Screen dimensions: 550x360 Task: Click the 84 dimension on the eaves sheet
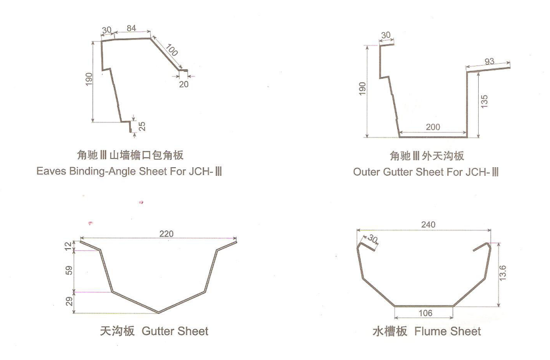pyautogui.click(x=131, y=28)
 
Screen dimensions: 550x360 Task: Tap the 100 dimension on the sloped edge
pyautogui.click(x=172, y=50)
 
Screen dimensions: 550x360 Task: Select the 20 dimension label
pyautogui.click(x=184, y=84)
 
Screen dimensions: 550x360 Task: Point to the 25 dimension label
pyautogui.click(x=142, y=126)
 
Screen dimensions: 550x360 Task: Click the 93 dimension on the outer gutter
pyautogui.click(x=489, y=61)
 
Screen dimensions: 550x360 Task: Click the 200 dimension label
pyautogui.click(x=433, y=127)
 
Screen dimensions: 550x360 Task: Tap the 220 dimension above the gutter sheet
pyautogui.click(x=166, y=234)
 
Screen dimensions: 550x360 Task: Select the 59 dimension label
pyautogui.click(x=69, y=270)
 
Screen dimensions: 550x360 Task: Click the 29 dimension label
pyautogui.click(x=69, y=301)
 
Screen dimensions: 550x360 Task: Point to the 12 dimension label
pyautogui.click(x=68, y=246)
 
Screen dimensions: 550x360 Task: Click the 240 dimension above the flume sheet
pyautogui.click(x=428, y=225)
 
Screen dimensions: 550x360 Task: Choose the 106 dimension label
pyautogui.click(x=426, y=313)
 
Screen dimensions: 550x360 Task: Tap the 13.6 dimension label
pyautogui.click(x=502, y=273)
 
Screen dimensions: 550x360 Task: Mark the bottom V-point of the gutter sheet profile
pyautogui.click(x=159, y=312)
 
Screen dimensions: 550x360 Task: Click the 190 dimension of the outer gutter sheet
pyautogui.click(x=362, y=88)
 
